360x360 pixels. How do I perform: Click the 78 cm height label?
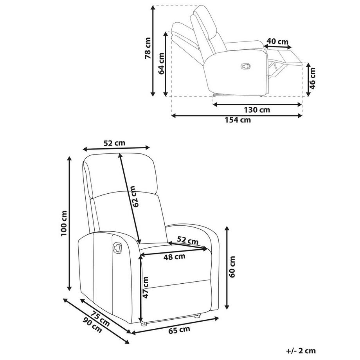[x=148, y=48]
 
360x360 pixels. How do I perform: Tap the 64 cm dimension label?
[x=161, y=63]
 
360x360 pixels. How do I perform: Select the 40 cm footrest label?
[x=277, y=41]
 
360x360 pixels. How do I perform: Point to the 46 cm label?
[x=312, y=78]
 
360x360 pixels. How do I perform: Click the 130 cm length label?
[x=257, y=110]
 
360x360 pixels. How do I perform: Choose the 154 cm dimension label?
[x=238, y=120]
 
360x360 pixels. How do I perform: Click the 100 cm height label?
[x=64, y=223]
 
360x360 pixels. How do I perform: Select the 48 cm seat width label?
[x=174, y=256]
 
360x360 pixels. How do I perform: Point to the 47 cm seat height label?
[x=145, y=287]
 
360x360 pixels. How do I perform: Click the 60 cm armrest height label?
[x=232, y=267]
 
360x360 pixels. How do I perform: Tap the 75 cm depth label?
[x=100, y=319]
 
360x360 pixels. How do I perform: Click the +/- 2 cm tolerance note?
[x=301, y=351]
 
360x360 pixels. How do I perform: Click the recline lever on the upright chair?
[x=117, y=248]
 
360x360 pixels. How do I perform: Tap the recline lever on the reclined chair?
[x=245, y=66]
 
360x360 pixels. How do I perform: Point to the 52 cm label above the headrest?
[x=114, y=143]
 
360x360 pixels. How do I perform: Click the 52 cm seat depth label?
[x=187, y=240]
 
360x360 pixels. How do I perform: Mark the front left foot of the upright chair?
[x=144, y=324]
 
